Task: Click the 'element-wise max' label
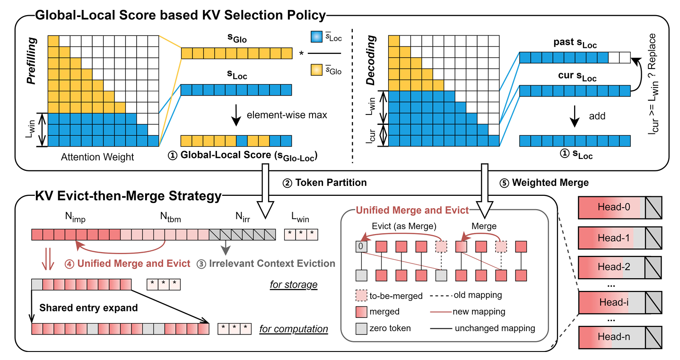(x=287, y=115)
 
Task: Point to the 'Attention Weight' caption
(x=97, y=157)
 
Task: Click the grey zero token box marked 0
(x=361, y=246)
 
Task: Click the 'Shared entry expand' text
(x=88, y=307)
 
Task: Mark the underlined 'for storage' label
(x=293, y=285)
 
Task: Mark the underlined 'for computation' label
(x=293, y=328)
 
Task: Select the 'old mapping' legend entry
(x=478, y=295)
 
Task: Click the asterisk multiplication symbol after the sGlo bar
(x=301, y=53)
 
